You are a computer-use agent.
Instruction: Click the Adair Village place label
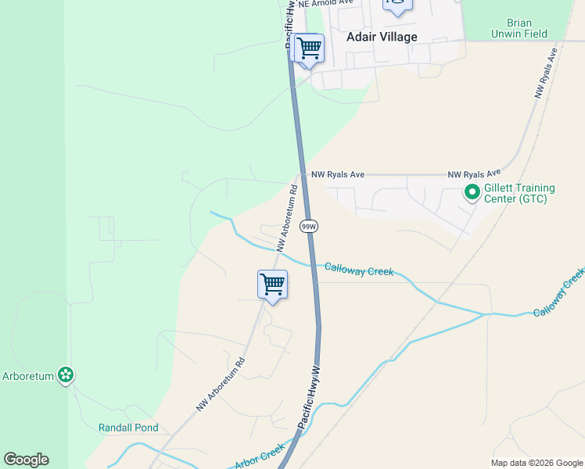coord(382,37)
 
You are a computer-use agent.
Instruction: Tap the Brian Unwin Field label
coord(519,29)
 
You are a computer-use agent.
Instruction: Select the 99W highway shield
coord(310,227)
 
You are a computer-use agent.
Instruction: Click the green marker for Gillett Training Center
coord(472,192)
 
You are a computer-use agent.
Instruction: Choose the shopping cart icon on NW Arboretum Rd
coord(272,285)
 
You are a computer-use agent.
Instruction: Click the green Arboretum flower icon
coord(66,376)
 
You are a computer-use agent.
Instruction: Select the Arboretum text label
coord(28,376)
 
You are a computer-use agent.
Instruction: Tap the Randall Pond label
coord(128,428)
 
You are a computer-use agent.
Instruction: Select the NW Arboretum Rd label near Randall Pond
coord(221,384)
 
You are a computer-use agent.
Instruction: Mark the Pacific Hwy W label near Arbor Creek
coord(310,396)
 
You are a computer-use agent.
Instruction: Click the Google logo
coord(26,460)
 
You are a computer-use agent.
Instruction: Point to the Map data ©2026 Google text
coord(536,463)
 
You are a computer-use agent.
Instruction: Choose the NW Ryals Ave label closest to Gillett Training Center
coord(474,174)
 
